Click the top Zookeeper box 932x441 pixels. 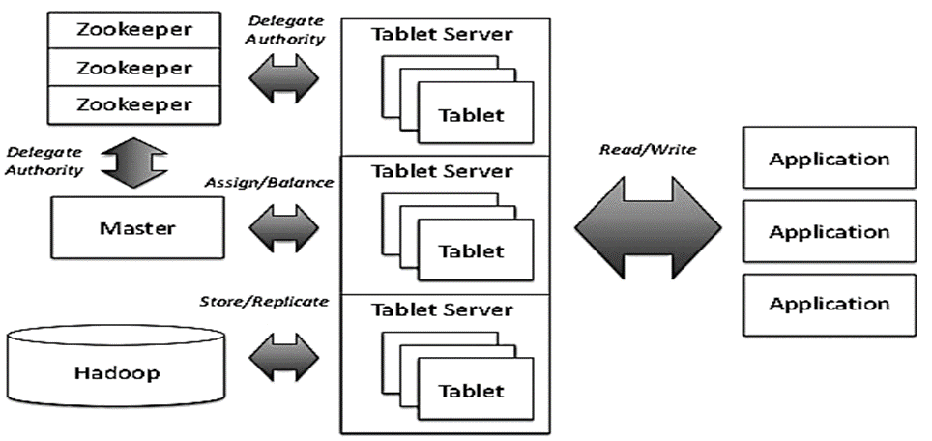tap(134, 30)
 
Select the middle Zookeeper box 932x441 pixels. tap(134, 67)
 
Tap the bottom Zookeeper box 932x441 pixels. tap(134, 104)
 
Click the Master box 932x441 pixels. tap(138, 227)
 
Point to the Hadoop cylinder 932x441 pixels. tap(118, 367)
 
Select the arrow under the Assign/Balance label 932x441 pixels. tap(283, 228)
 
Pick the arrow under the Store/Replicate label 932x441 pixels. tap(283, 358)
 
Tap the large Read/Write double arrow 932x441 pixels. tap(648, 227)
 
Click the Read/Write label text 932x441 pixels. tap(648, 150)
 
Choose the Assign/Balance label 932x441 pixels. tap(269, 183)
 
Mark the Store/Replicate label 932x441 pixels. tap(263, 302)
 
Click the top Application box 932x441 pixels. tap(830, 158)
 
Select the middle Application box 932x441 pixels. tap(830, 231)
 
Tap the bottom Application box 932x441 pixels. tap(830, 305)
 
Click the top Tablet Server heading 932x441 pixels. tap(442, 34)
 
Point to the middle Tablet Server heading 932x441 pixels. tap(442, 171)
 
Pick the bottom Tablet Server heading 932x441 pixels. tap(442, 309)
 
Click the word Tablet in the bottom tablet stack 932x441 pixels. tap(471, 391)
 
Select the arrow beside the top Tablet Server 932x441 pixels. tap(283, 78)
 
